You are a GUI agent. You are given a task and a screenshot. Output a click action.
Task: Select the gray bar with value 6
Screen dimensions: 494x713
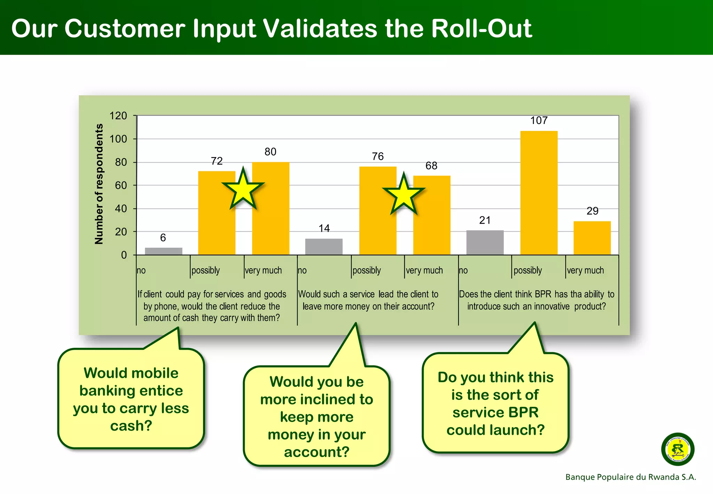coord(163,251)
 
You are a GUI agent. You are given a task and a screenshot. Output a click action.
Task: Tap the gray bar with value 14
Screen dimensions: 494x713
coord(324,247)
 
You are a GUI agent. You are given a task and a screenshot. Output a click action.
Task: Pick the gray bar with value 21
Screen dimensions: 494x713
coord(485,242)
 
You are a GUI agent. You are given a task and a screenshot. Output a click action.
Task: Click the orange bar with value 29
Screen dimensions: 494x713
coord(592,238)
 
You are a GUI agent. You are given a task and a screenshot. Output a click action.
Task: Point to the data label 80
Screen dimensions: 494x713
coord(270,152)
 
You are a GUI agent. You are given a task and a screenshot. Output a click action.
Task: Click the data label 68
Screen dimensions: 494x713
coord(431,166)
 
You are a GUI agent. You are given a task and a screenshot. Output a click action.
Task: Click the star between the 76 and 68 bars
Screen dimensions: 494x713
coord(403,195)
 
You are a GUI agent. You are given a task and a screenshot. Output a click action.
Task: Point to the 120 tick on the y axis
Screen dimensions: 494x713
coord(118,116)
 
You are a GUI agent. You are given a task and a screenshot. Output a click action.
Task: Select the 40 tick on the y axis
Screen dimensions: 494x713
coord(121,209)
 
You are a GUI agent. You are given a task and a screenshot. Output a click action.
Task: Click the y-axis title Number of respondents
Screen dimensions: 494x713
coord(99,184)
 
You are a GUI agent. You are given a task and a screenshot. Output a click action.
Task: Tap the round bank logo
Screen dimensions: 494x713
coord(677,449)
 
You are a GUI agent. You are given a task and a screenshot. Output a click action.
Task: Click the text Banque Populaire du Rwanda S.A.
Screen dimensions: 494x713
coord(630,477)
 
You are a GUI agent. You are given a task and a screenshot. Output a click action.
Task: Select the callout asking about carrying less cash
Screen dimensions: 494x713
coord(131,399)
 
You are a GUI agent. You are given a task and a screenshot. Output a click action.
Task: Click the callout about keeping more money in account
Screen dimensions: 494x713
coord(316,416)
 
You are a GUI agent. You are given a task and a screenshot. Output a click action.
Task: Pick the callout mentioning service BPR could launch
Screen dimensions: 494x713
coord(495,403)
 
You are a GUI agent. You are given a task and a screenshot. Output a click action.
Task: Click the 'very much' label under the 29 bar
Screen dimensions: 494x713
coord(585,270)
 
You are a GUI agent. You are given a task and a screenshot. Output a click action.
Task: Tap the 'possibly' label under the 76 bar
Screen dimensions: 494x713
coord(367,270)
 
